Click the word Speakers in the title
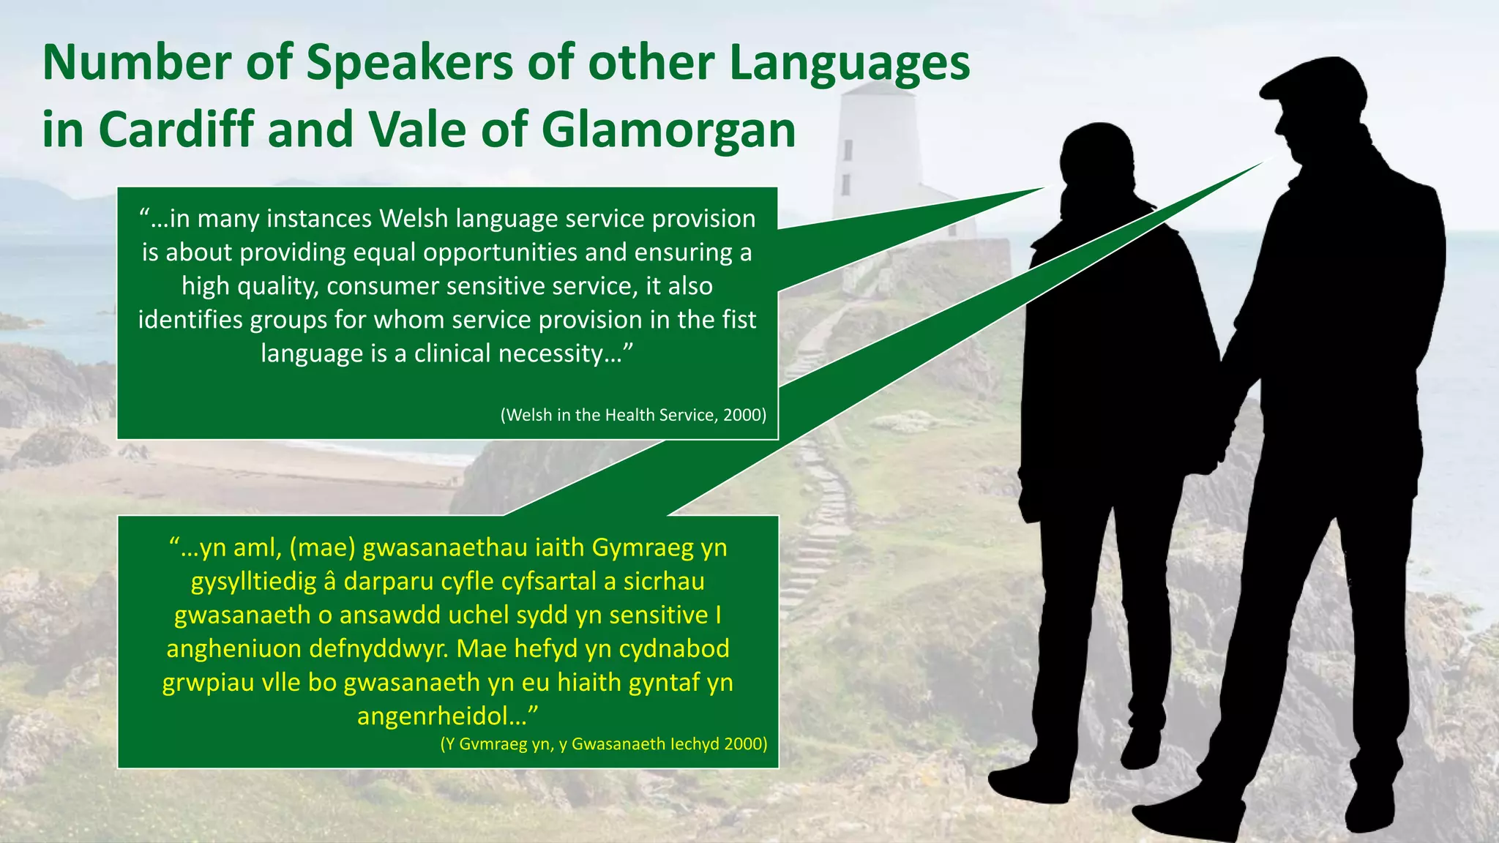(x=410, y=64)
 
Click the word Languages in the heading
(x=849, y=64)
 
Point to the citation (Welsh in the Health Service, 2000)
(x=633, y=415)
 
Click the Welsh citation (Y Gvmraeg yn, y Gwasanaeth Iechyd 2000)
(x=603, y=744)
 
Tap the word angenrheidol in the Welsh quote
(x=441, y=716)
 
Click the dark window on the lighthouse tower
(x=848, y=150)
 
